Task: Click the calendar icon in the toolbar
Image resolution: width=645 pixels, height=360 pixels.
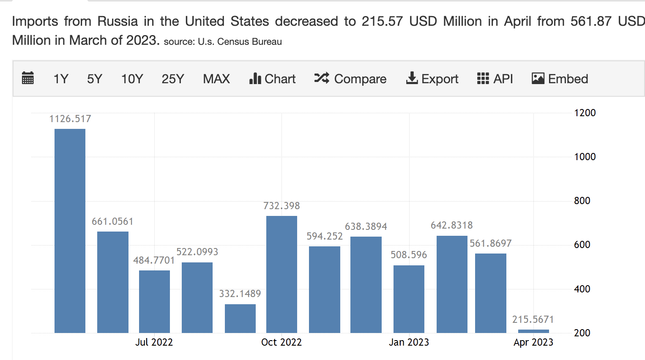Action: [28, 79]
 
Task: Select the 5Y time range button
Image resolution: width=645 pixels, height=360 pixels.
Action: [95, 79]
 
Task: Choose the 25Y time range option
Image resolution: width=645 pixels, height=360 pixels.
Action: [173, 79]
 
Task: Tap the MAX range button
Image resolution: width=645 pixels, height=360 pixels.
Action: [216, 79]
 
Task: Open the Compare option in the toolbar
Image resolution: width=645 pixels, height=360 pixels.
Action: [350, 79]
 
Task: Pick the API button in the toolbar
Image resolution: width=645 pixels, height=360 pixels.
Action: [495, 79]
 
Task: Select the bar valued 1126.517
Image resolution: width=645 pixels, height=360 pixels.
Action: [70, 231]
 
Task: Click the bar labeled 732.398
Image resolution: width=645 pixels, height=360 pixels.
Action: [282, 274]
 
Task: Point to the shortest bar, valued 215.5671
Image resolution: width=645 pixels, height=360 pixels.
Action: [533, 331]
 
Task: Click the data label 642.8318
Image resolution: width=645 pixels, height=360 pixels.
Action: [451, 225]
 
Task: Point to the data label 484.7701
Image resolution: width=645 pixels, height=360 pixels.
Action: [154, 260]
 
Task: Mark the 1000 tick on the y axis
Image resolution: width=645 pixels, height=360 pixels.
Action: [585, 157]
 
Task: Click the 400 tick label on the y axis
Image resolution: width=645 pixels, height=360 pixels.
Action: [582, 289]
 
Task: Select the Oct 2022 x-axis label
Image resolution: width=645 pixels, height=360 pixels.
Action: [282, 342]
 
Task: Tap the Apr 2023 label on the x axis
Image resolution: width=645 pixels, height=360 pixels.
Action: [533, 342]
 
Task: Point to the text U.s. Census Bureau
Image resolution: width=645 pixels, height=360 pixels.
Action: [240, 42]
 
